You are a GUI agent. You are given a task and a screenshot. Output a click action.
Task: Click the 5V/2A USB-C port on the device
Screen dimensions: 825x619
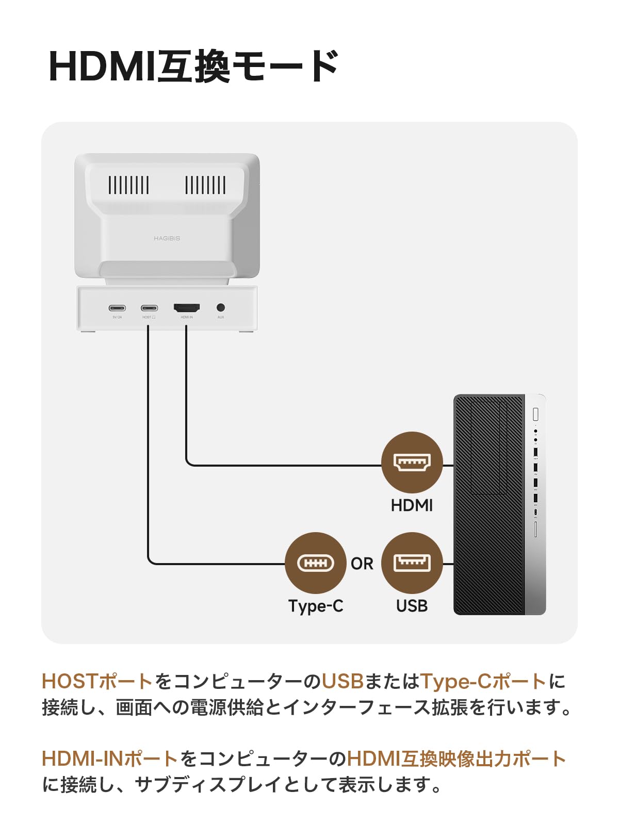pyautogui.click(x=117, y=308)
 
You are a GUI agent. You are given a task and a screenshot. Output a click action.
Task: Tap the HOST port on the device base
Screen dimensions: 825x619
pyautogui.click(x=149, y=308)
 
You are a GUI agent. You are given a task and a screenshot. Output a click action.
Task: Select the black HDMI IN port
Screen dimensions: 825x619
pyautogui.click(x=187, y=308)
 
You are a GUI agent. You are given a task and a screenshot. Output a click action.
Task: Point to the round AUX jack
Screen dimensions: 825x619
pyautogui.click(x=221, y=308)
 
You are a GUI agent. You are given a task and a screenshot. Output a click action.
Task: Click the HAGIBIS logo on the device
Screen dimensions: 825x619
pyautogui.click(x=167, y=239)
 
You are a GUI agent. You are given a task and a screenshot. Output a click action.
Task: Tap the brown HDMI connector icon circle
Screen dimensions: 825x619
pyautogui.click(x=412, y=463)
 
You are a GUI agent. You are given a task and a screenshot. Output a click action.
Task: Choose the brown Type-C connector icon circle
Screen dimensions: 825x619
pyautogui.click(x=316, y=563)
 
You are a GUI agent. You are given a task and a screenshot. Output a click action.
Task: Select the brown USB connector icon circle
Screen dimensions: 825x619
pyautogui.click(x=412, y=563)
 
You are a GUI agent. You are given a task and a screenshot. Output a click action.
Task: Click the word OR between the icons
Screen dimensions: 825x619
pyautogui.click(x=362, y=564)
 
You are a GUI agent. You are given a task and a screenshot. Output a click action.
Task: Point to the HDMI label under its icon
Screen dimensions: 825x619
pyautogui.click(x=412, y=505)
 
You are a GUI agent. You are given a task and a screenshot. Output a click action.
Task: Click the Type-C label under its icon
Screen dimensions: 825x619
pyautogui.click(x=316, y=606)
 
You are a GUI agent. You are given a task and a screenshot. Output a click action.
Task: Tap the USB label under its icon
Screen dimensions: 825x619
pyautogui.click(x=412, y=606)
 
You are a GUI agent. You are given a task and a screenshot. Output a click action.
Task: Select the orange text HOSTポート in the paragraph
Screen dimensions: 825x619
pyautogui.click(x=97, y=681)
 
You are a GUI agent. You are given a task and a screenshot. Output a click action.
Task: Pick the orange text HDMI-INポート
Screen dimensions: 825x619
pyautogui.click(x=110, y=758)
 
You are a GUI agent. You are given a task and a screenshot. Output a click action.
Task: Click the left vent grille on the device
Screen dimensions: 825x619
pyautogui.click(x=128, y=185)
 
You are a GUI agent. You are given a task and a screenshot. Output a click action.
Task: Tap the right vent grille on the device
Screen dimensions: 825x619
pyautogui.click(x=205, y=185)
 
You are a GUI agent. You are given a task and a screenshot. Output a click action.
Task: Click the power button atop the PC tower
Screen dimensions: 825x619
pyautogui.click(x=535, y=414)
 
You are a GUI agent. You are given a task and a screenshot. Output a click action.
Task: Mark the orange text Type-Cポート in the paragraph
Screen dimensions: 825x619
pyautogui.click(x=483, y=681)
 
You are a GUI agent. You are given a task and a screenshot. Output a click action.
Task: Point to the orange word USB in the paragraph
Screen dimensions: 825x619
pyautogui.click(x=343, y=681)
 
